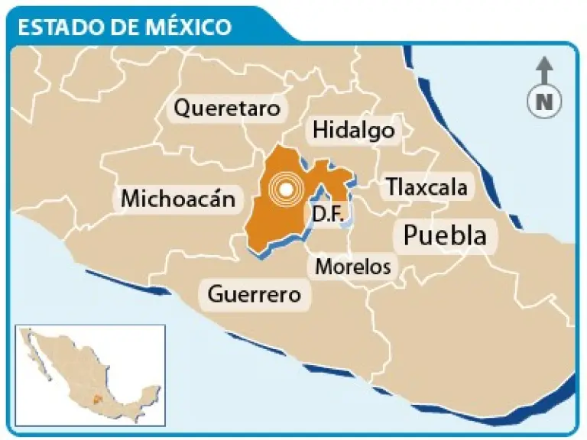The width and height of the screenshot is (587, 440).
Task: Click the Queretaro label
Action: tap(227, 109)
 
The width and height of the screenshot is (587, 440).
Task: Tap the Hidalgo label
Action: tap(354, 131)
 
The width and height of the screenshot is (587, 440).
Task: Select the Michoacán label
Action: tap(177, 199)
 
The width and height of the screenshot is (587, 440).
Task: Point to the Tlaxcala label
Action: tap(426, 186)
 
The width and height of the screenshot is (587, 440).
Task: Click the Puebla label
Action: tap(445, 235)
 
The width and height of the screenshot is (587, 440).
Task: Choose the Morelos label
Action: tap(353, 267)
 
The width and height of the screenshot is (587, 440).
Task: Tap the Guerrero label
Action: tap(255, 293)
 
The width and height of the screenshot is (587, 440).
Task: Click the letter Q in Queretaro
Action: tap(181, 109)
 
